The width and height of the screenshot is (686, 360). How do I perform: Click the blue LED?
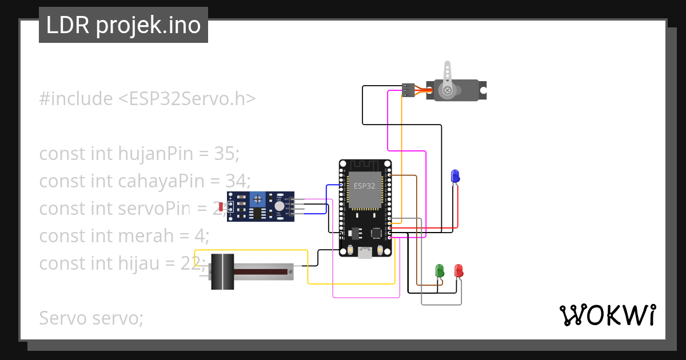coord(455,176)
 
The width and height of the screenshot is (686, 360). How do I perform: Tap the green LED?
coord(440,270)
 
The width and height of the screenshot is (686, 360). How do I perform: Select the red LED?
coord(458,270)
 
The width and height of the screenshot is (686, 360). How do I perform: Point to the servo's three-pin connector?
coord(408,90)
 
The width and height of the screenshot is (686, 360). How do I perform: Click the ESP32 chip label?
coord(365,186)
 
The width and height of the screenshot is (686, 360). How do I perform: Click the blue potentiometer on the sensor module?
coord(258,199)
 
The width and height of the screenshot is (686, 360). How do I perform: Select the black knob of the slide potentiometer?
coord(222,271)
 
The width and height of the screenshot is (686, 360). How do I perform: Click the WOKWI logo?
coord(607,315)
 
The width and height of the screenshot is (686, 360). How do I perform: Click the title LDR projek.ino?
coord(123,26)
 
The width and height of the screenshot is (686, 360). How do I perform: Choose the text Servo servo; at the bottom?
coord(91,318)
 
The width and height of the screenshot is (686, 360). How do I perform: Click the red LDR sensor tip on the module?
coord(221,206)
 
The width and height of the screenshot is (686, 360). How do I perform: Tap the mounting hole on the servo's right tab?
coord(483,90)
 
